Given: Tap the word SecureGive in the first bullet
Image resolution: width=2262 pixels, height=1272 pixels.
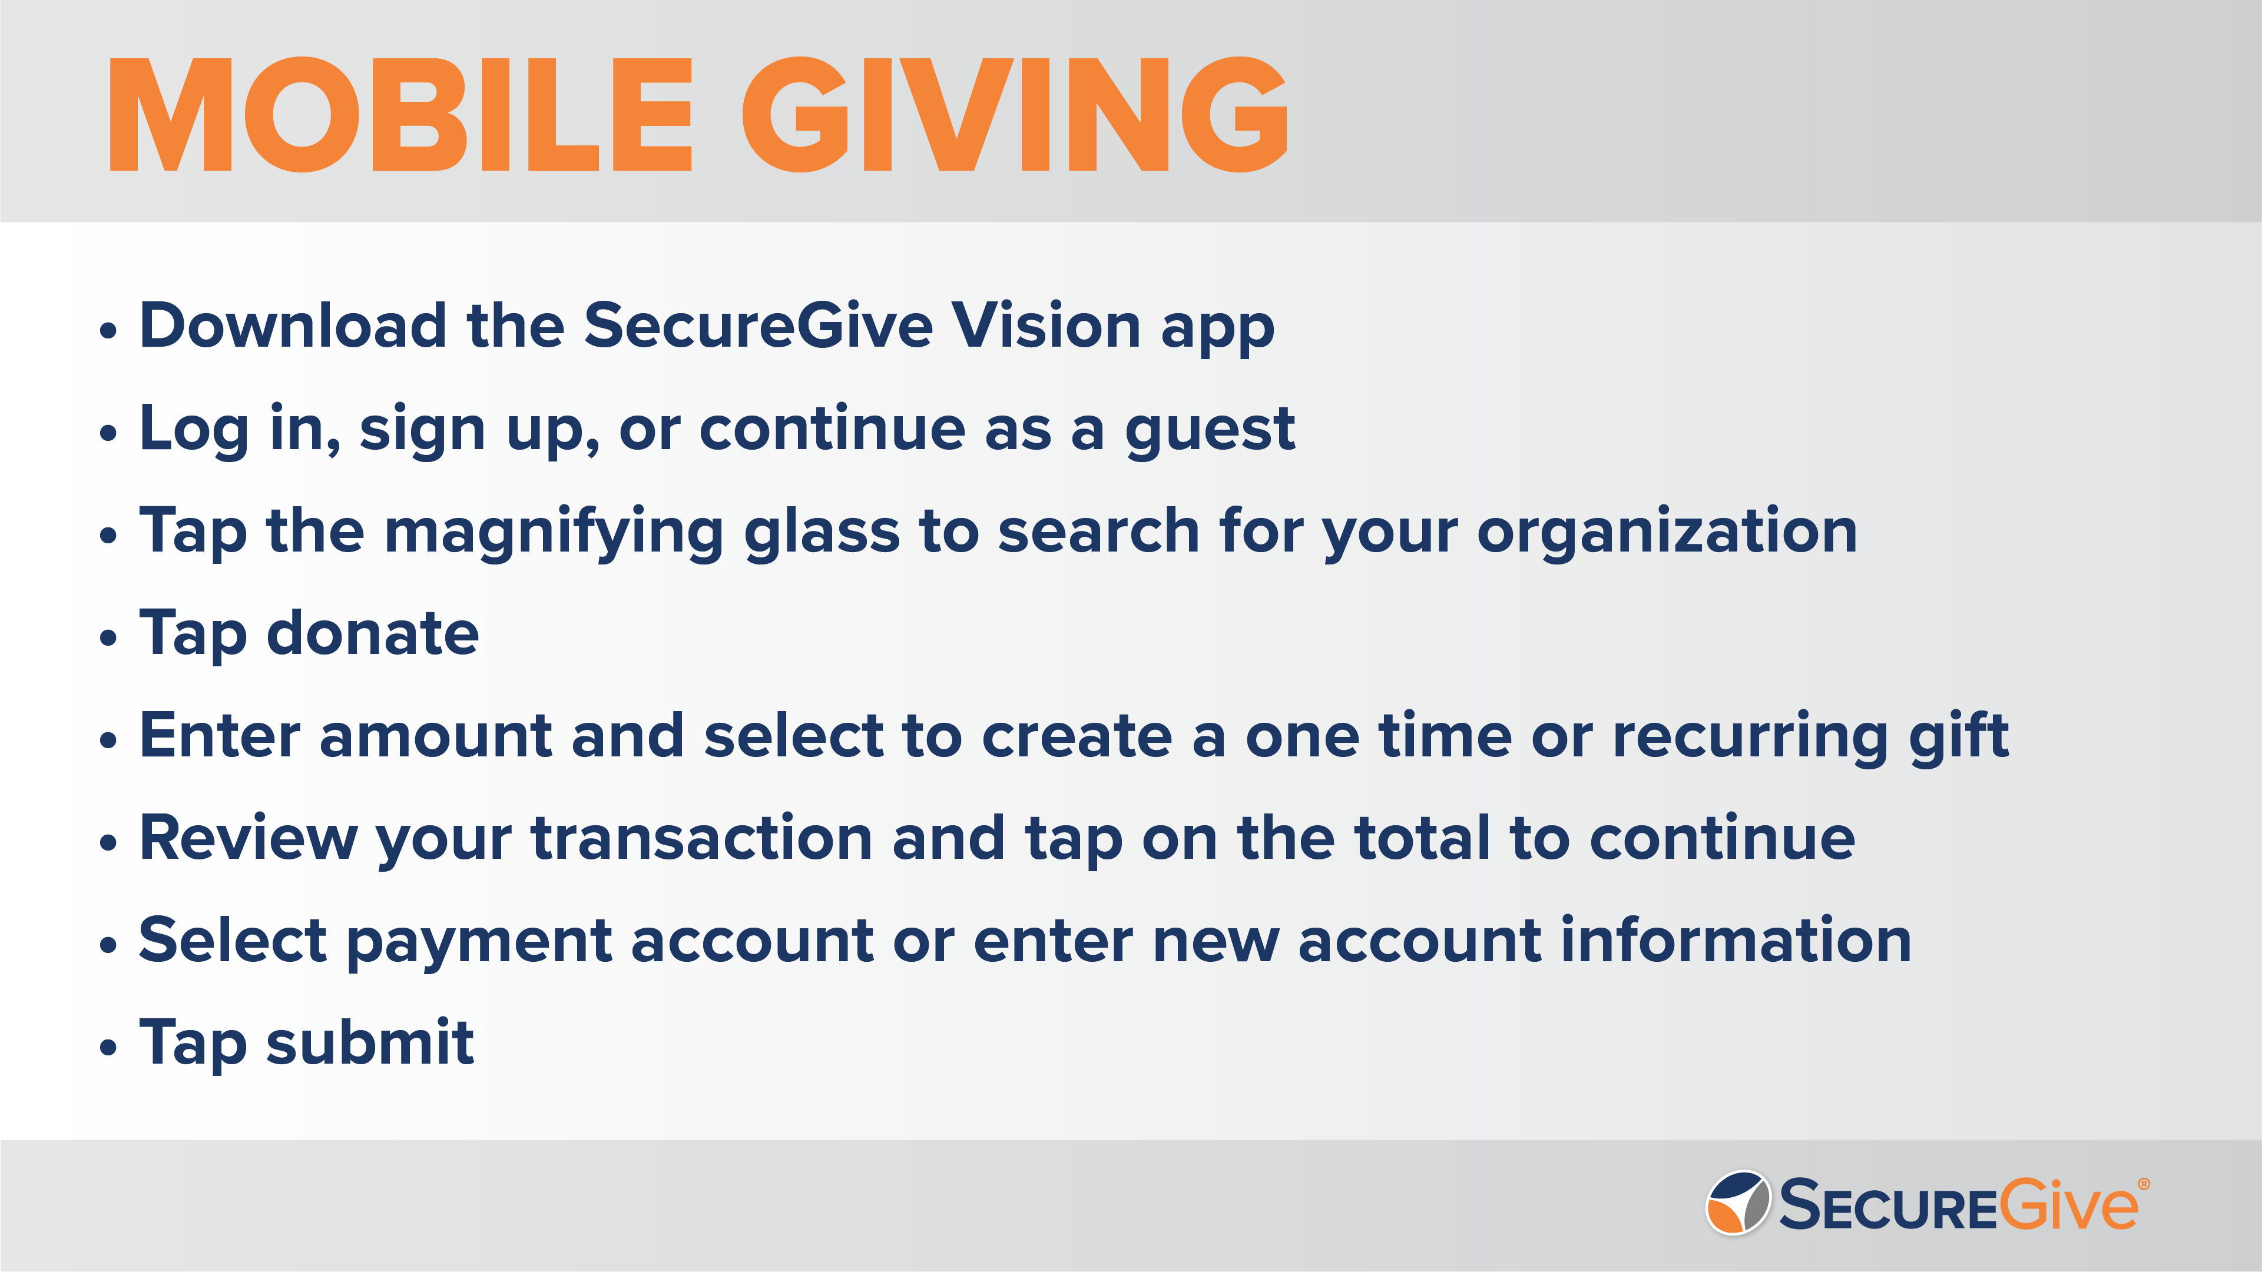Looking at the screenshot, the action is pos(758,326).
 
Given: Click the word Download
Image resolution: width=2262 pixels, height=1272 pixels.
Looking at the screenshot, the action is pos(293,326).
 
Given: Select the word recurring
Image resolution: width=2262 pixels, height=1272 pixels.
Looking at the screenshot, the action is pos(1750,738).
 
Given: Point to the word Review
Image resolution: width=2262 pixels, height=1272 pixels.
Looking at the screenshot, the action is pos(249,838).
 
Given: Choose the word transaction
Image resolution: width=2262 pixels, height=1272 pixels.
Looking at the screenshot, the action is pos(701,838).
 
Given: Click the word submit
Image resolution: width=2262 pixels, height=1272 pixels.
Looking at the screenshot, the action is pos(370,1043).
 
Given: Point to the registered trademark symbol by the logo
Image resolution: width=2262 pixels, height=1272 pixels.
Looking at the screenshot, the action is pos(2144,1184).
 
